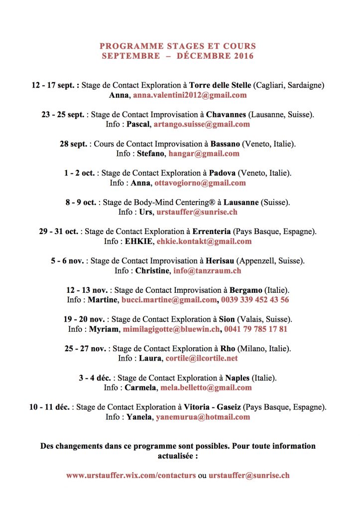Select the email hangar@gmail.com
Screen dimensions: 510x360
click(x=204, y=153)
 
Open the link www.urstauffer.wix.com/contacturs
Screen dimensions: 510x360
click(x=131, y=475)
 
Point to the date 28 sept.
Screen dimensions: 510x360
click(x=74, y=144)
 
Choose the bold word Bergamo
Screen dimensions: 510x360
click(x=245, y=290)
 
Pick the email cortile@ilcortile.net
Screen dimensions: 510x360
click(x=202, y=358)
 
